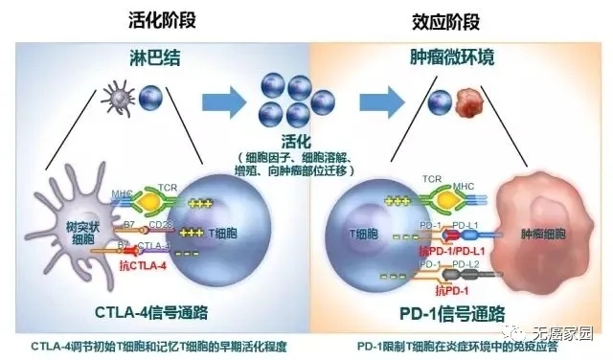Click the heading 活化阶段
point(158,18)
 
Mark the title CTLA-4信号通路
point(153,312)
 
